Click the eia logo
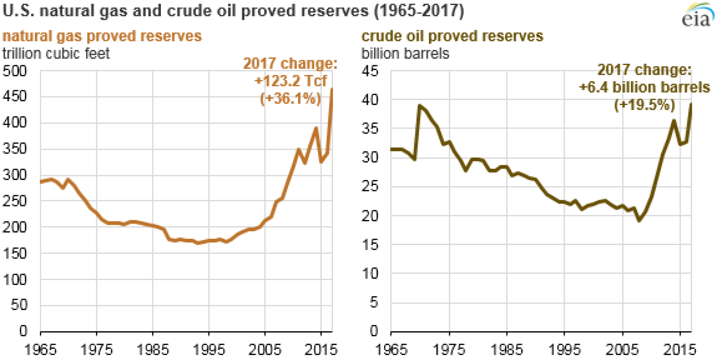pyautogui.click(x=697, y=15)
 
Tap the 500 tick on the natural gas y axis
pyautogui.click(x=15, y=71)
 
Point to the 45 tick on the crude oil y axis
pyautogui.click(x=370, y=71)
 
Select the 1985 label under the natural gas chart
pyautogui.click(x=152, y=349)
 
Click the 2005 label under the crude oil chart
pyautogui.click(x=622, y=349)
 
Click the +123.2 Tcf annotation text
pyautogui.click(x=291, y=81)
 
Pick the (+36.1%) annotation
pyautogui.click(x=290, y=98)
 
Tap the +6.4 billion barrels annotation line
pyautogui.click(x=644, y=87)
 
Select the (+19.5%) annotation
pyautogui.click(x=644, y=105)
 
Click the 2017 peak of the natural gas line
pyautogui.click(x=332, y=89)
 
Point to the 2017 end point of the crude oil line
pyautogui.click(x=691, y=104)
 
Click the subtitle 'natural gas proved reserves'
pyautogui.click(x=102, y=36)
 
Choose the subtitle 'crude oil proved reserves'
pyautogui.click(x=452, y=36)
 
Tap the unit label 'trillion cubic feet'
pyautogui.click(x=56, y=53)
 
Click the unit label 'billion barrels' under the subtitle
pyautogui.click(x=405, y=53)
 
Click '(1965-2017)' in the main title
pyautogui.click(x=419, y=10)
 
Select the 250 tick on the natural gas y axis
pyautogui.click(x=15, y=201)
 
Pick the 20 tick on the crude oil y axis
pyautogui.click(x=370, y=215)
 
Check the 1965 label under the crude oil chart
pyautogui.click(x=391, y=349)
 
